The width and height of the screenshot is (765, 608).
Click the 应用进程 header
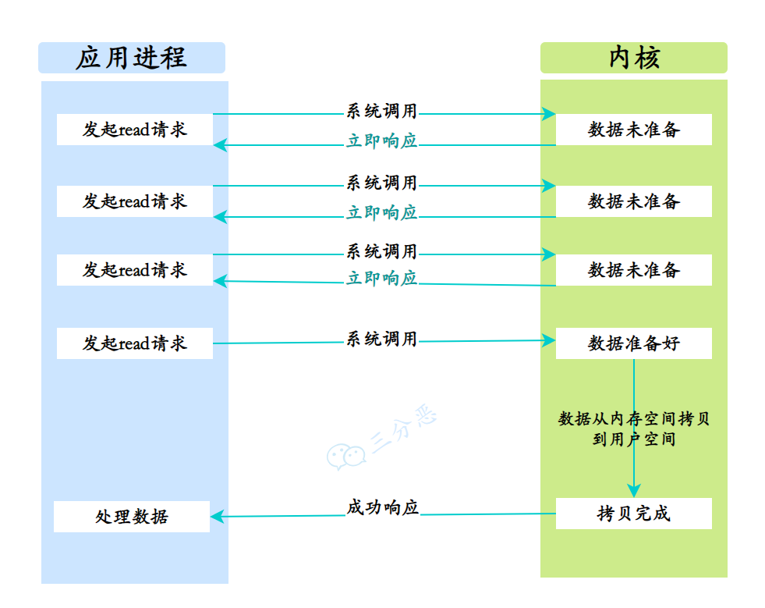click(131, 59)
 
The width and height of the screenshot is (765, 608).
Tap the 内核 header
click(633, 59)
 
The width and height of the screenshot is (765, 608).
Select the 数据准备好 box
click(633, 343)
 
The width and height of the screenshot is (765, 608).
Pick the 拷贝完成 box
click(633, 514)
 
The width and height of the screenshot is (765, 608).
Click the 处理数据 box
click(131, 517)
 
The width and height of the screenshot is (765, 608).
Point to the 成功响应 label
click(382, 507)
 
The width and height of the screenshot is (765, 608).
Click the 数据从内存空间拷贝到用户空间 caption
click(633, 429)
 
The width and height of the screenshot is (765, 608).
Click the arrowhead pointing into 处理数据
click(218, 516)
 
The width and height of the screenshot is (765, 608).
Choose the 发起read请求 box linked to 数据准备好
click(134, 343)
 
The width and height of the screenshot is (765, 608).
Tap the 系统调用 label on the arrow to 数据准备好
click(382, 340)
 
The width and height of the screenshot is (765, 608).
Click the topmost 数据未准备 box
click(633, 130)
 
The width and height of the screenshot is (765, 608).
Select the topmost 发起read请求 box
click(134, 130)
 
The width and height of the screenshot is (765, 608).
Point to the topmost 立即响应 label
click(382, 141)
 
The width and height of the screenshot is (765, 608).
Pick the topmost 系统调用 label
click(382, 112)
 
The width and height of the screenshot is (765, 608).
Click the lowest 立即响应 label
click(382, 279)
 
